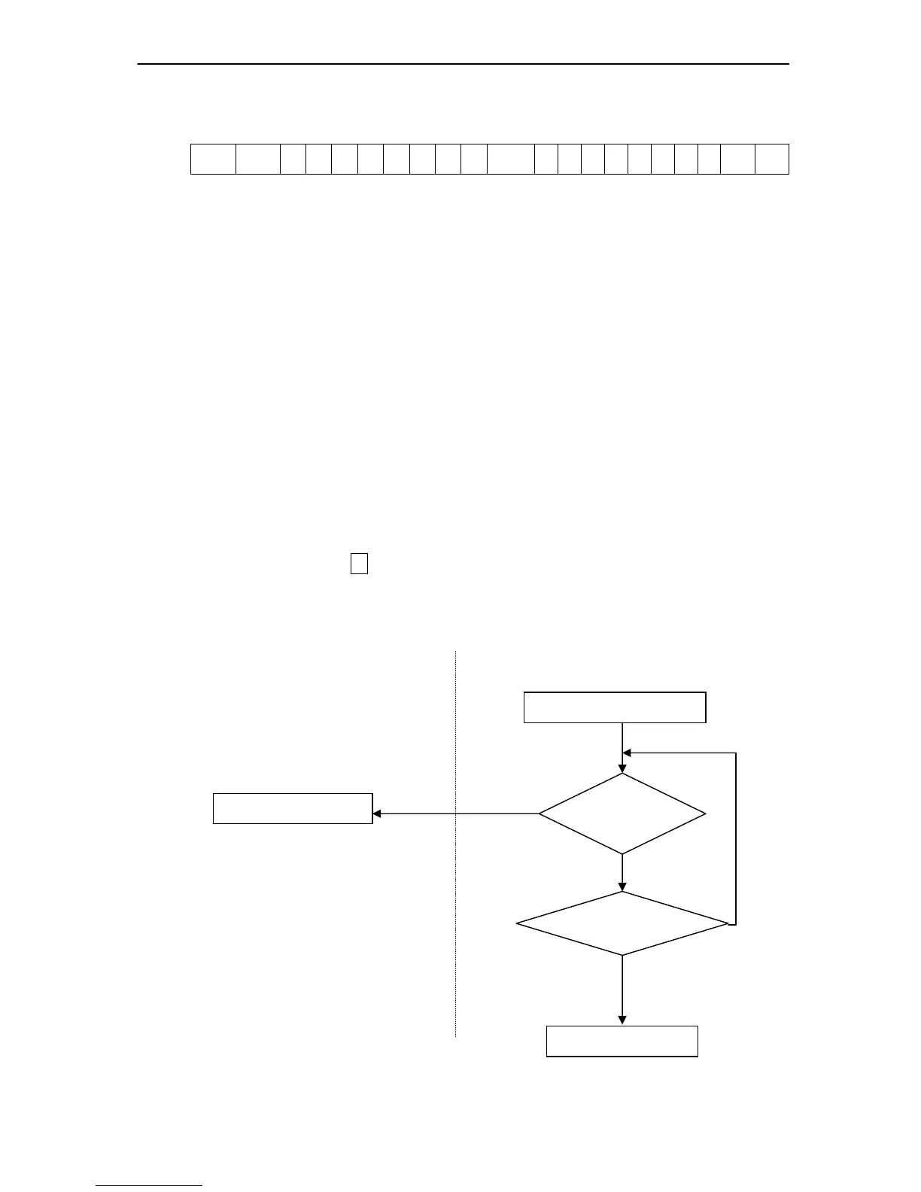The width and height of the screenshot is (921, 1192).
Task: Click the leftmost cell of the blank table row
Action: click(213, 159)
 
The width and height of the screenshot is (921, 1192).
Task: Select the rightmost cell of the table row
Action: click(772, 159)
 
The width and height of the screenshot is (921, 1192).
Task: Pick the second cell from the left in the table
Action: click(258, 159)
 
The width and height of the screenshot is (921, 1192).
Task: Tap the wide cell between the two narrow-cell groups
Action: click(511, 159)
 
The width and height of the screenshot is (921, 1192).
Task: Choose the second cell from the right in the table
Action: click(738, 159)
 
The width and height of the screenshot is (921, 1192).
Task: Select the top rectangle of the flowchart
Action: click(615, 707)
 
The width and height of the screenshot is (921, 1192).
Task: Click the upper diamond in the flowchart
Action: click(622, 813)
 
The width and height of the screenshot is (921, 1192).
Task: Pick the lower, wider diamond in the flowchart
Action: click(622, 923)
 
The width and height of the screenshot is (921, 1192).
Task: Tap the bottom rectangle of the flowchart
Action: click(622, 1041)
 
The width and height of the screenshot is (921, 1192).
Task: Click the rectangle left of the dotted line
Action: click(293, 808)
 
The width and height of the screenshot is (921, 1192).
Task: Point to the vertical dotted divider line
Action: click(456, 903)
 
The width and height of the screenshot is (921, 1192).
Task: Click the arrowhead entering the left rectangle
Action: click(378, 813)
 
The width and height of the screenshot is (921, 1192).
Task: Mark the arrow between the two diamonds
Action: click(622, 873)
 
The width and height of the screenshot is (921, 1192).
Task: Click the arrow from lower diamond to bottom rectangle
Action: click(622, 990)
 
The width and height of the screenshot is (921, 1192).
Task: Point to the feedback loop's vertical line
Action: click(735, 835)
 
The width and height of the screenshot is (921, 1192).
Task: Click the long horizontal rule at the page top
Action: click(463, 64)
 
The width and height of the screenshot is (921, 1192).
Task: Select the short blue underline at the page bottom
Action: click(149, 1185)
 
